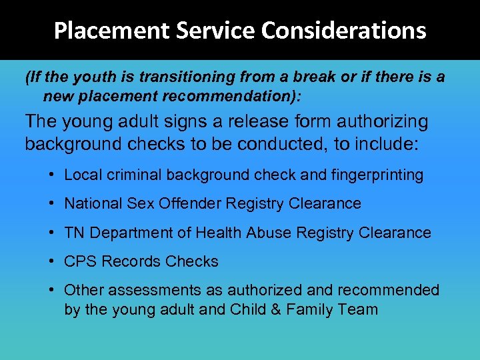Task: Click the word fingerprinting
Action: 378,175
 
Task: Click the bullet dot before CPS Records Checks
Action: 51,261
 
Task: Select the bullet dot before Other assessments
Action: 51,290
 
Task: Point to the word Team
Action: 361,309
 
